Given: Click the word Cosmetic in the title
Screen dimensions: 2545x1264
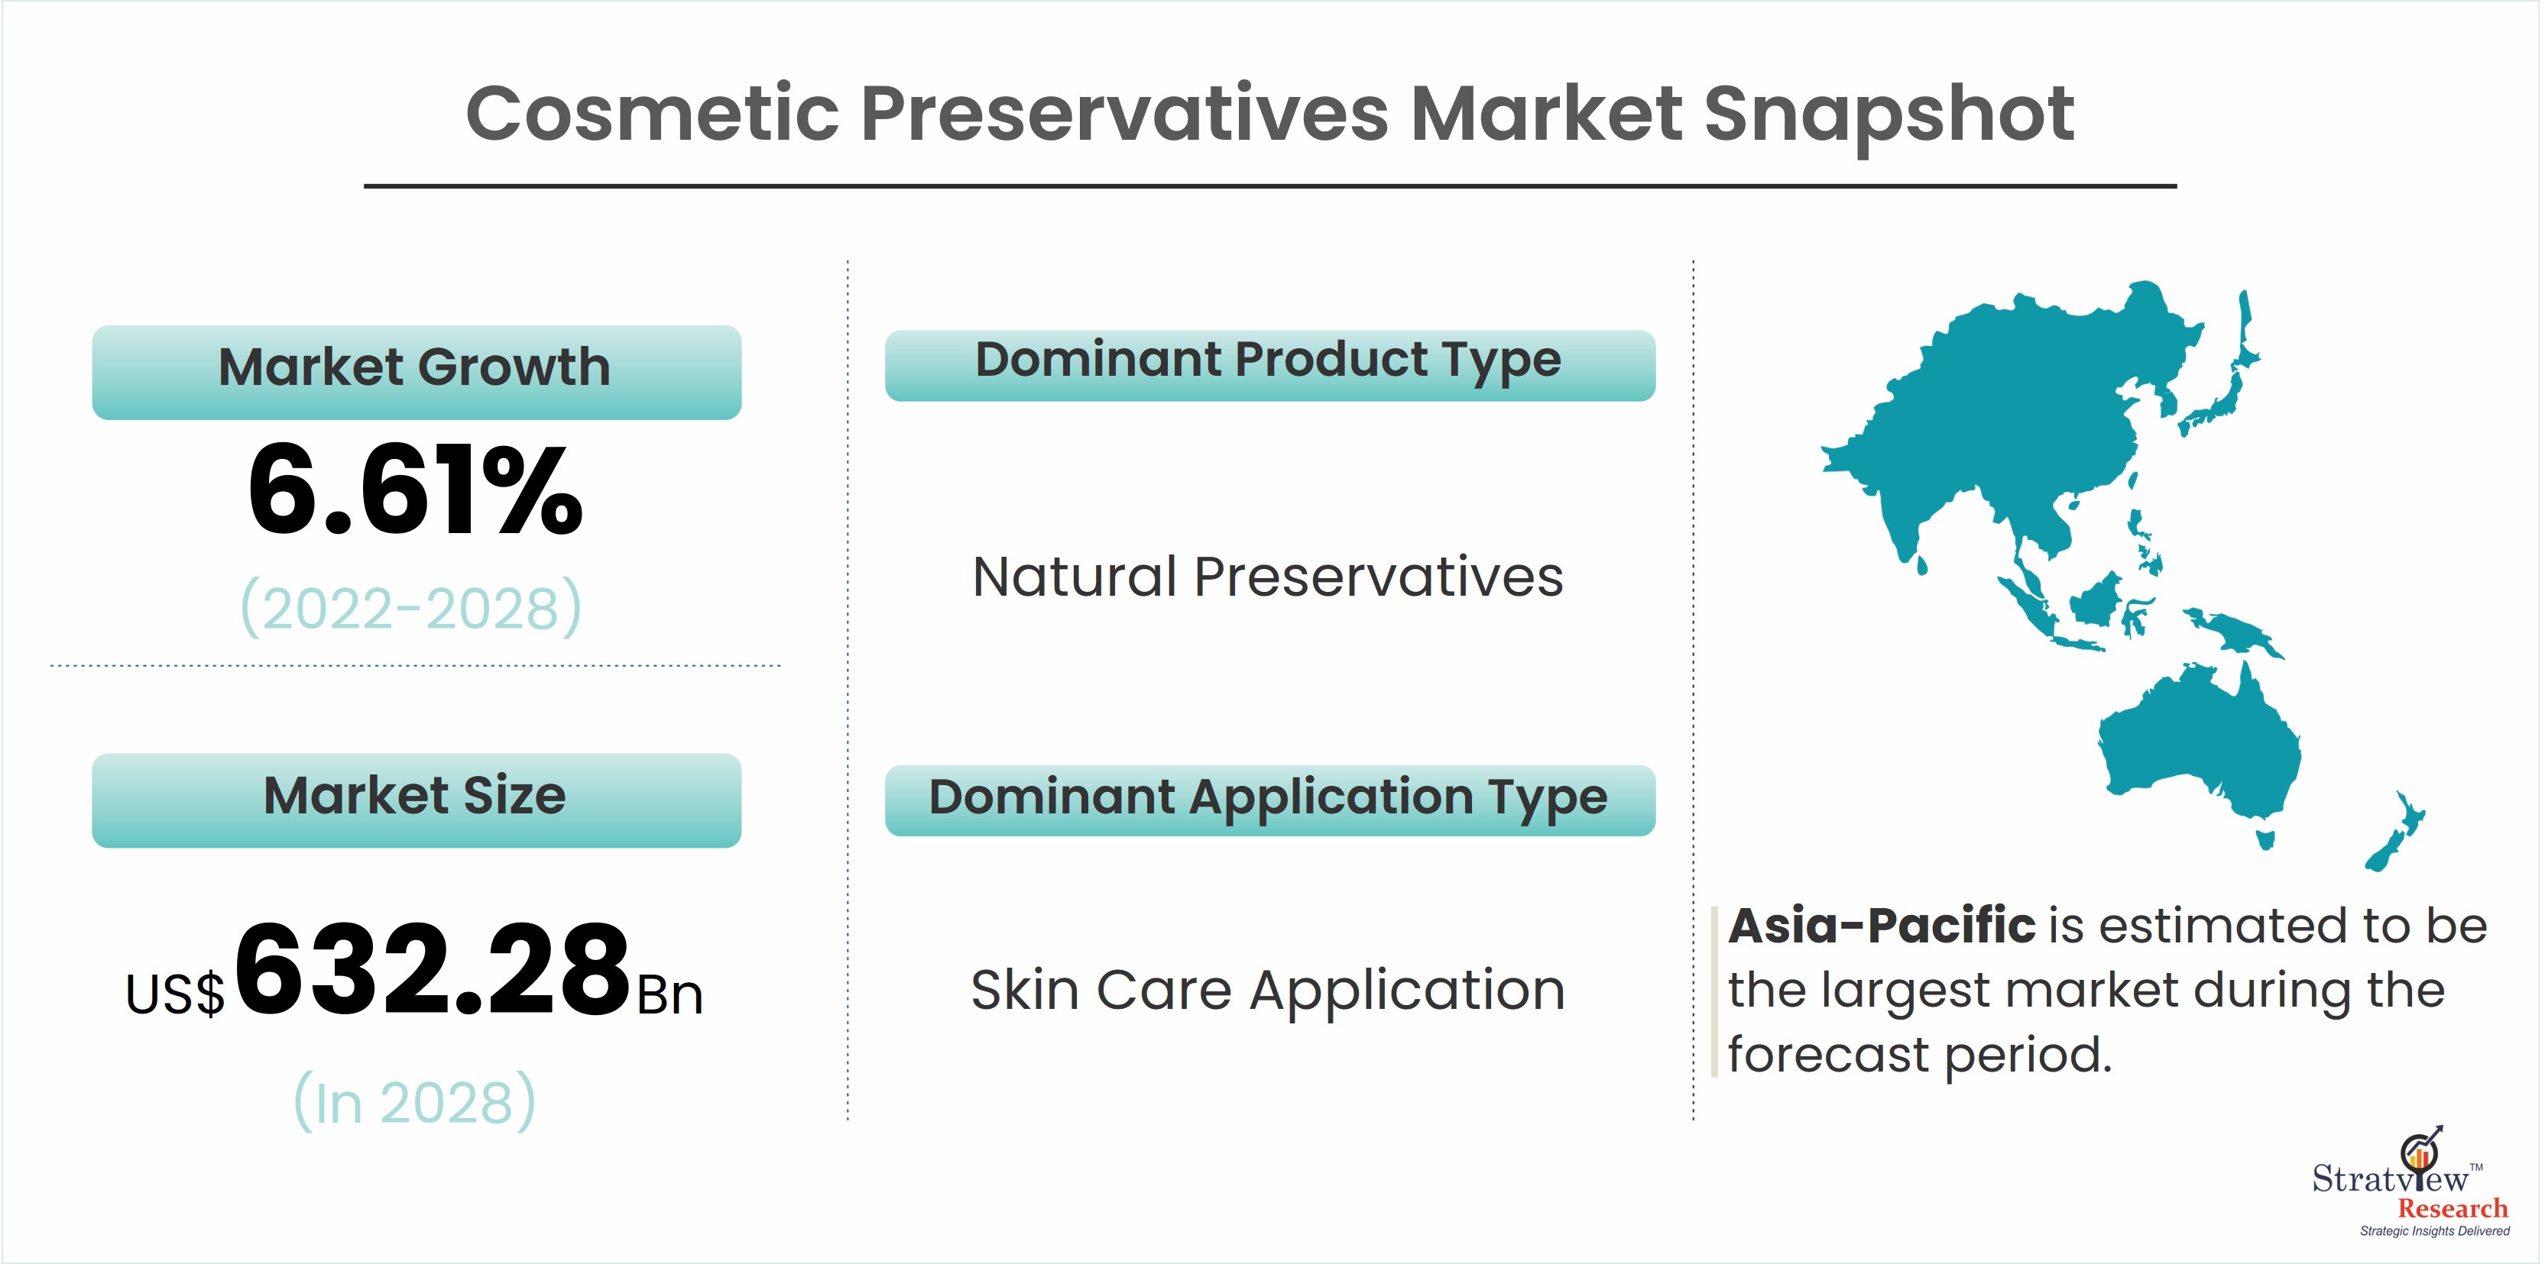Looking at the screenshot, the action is (652, 114).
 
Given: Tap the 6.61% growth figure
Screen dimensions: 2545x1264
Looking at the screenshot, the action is (416, 491).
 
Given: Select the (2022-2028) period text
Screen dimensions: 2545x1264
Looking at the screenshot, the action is (412, 607).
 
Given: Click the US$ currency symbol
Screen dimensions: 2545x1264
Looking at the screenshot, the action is (175, 994).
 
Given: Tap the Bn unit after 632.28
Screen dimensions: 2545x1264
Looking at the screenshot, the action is (669, 994).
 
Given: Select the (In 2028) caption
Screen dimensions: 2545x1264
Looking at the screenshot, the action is (415, 1101).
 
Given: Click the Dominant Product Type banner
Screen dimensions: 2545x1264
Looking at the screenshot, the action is (1270, 365).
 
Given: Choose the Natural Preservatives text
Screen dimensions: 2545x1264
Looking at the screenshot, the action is (1269, 577).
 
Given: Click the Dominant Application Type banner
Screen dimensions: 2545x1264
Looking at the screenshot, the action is (1270, 800).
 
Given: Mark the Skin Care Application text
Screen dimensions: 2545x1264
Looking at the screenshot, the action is (1269, 991).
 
